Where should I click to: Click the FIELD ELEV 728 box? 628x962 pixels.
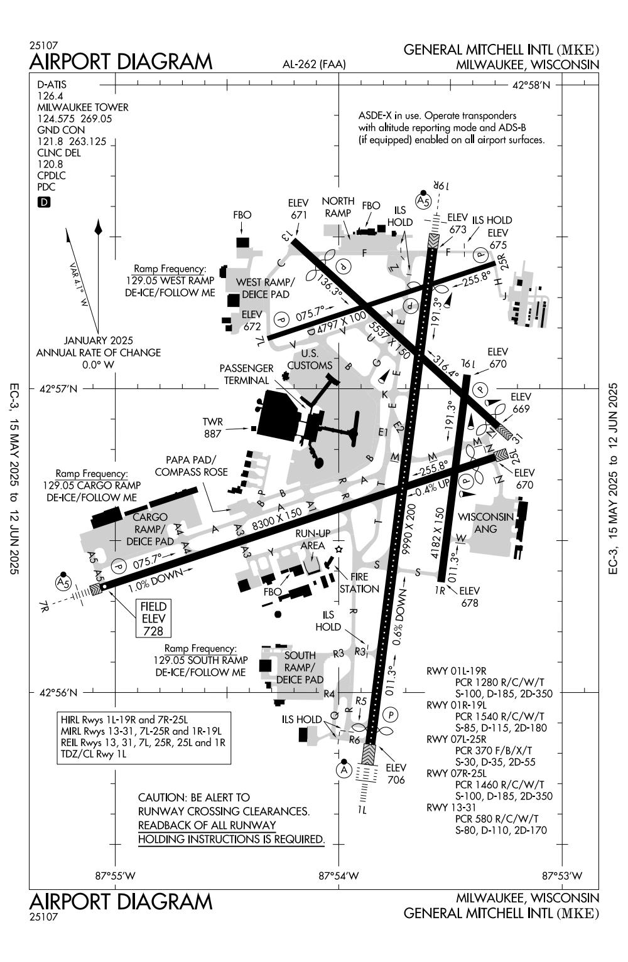[154, 618]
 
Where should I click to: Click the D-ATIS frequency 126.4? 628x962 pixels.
[50, 96]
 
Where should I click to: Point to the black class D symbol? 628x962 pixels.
[44, 202]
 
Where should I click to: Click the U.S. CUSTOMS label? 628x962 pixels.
[310, 359]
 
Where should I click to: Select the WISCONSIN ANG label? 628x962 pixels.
[486, 523]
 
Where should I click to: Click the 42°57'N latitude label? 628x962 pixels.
[58, 389]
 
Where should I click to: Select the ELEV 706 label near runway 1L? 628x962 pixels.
[396, 774]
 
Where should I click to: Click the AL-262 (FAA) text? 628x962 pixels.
[314, 64]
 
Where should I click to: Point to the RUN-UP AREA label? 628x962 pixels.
[312, 540]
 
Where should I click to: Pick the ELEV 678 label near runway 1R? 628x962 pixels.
[470, 597]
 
